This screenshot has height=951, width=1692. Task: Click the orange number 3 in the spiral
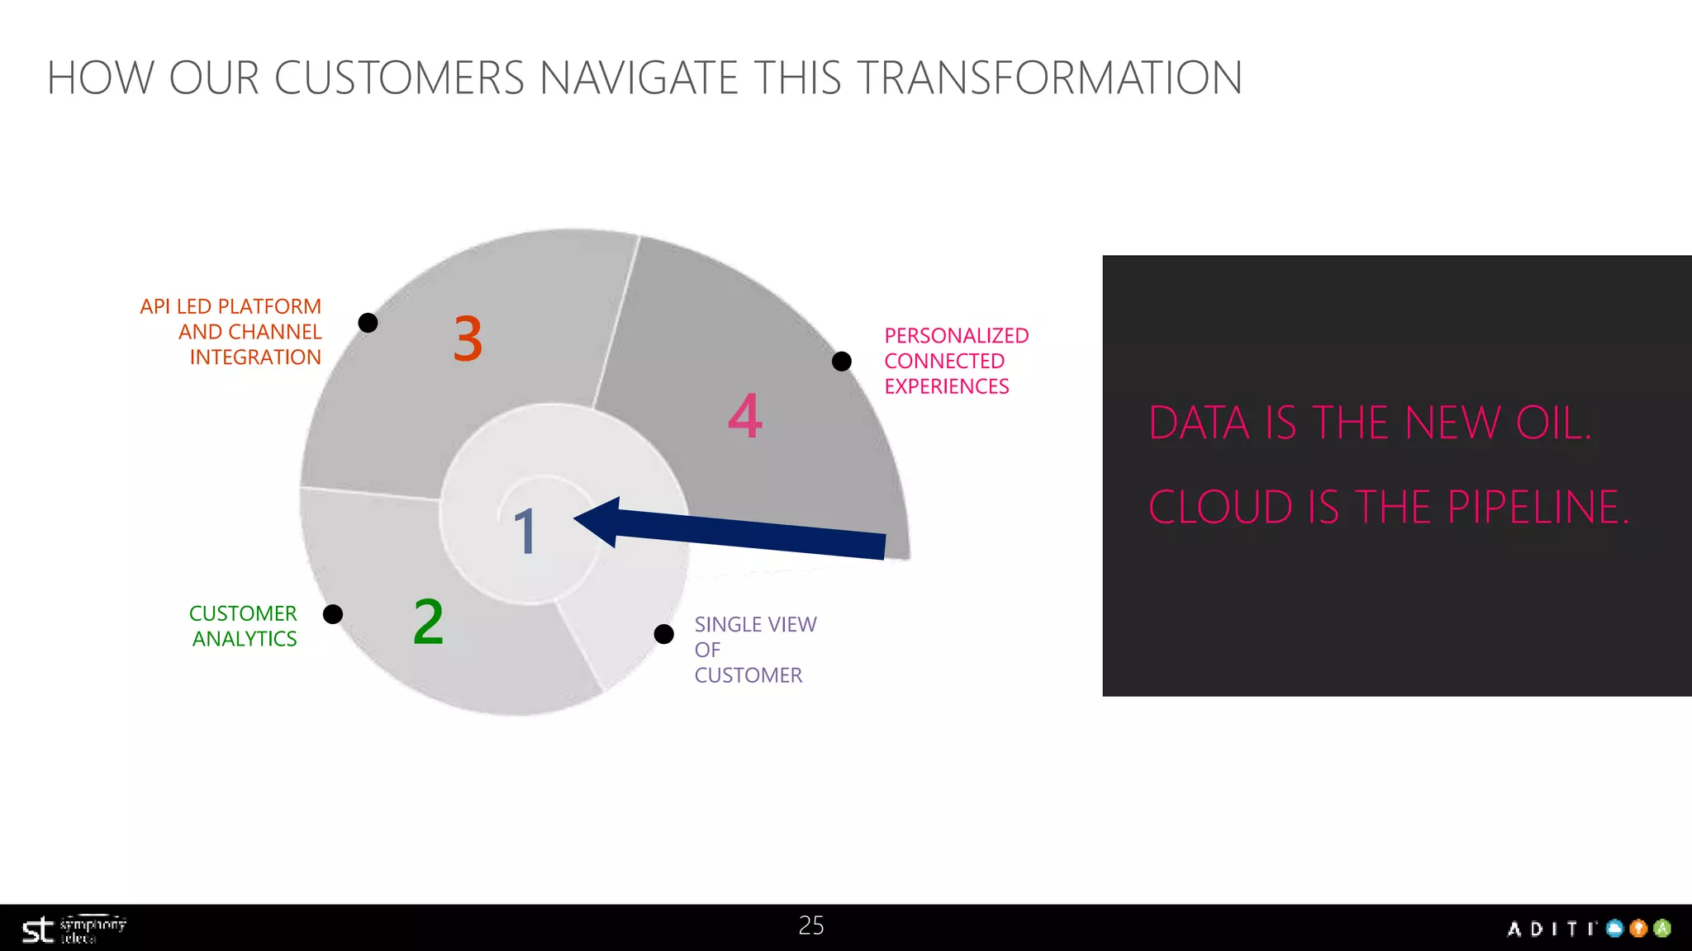tap(468, 338)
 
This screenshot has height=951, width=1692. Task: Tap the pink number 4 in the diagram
tap(744, 416)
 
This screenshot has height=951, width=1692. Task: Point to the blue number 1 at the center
tap(525, 531)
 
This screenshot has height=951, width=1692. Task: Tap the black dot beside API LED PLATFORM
tap(368, 323)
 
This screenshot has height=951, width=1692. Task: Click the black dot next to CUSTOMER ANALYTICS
tap(333, 614)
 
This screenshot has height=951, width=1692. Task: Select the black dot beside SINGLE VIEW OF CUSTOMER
tap(664, 634)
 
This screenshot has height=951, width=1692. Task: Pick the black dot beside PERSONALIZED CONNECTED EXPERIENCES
tap(842, 362)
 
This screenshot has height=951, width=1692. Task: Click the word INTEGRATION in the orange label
tap(255, 357)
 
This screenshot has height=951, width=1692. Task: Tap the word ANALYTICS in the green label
tap(245, 639)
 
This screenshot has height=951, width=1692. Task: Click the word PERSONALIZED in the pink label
tap(956, 336)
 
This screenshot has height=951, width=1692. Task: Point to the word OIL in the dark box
tap(1552, 423)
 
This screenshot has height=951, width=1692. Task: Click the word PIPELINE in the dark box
tap(1537, 508)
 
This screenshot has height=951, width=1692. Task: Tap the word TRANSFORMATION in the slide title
tap(1048, 78)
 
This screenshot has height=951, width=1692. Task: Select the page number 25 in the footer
tap(811, 925)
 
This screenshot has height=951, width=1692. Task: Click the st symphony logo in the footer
tap(73, 930)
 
